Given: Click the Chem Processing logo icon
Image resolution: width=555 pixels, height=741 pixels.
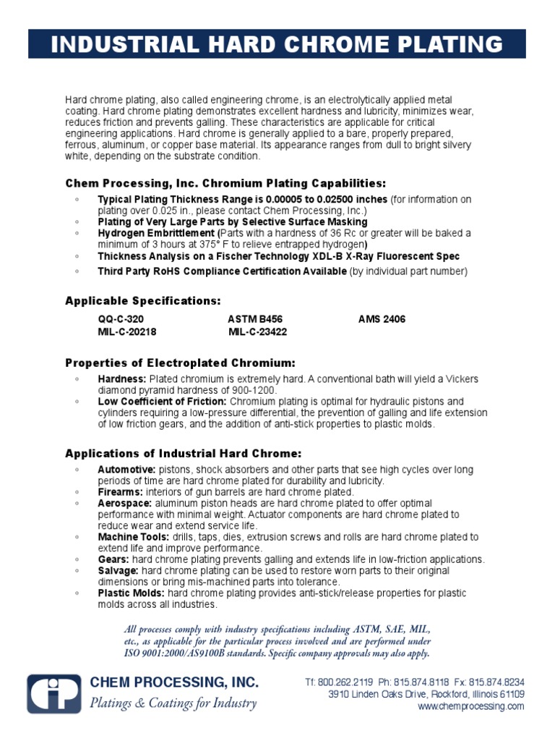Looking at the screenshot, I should [x=54, y=693].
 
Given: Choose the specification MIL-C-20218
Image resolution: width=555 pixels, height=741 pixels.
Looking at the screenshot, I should [x=127, y=331].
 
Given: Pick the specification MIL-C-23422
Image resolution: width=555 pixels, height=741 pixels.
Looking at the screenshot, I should [x=258, y=331].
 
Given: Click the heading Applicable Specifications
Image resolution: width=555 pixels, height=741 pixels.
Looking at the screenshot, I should [x=143, y=300].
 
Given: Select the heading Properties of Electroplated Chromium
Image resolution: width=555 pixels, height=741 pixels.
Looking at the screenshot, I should [x=180, y=363].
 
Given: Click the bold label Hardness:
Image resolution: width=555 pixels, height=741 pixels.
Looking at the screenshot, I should [x=122, y=379].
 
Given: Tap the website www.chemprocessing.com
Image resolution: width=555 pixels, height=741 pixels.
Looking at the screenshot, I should [x=471, y=706].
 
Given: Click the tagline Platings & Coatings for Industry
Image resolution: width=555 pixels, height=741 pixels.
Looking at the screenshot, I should [x=173, y=703].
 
